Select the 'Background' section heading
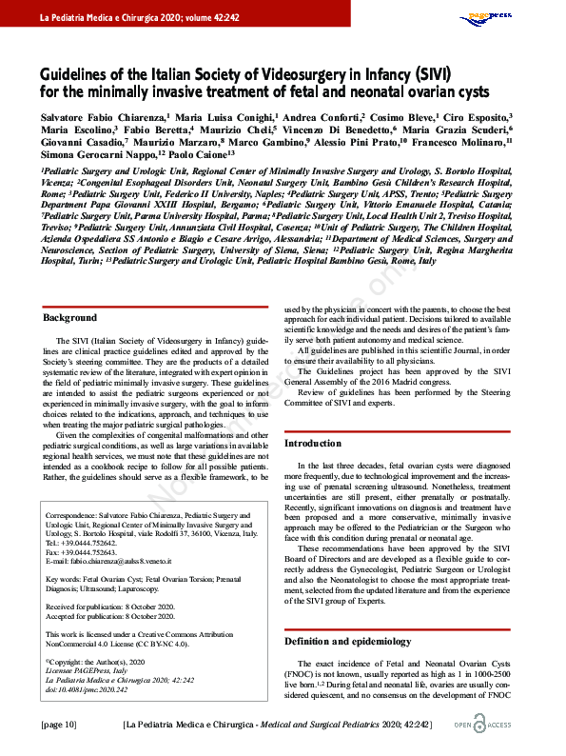click(x=70, y=317)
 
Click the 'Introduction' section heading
click(x=314, y=444)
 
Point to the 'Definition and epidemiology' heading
click(x=347, y=642)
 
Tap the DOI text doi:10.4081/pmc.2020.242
click(x=90, y=689)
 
